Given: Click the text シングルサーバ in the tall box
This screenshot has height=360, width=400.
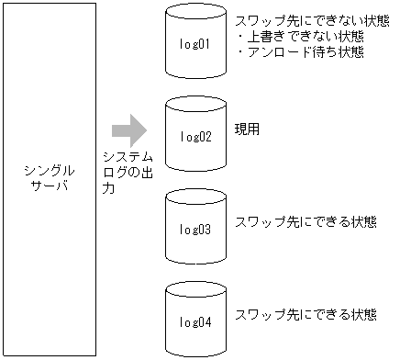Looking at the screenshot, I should [48, 178].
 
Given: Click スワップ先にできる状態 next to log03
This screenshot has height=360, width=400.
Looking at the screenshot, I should [306, 221].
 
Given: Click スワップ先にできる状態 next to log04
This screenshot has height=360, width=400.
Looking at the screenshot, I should [306, 314].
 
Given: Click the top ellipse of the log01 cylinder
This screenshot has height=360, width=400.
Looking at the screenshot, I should [195, 15].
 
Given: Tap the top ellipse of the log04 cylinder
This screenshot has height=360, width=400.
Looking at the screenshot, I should [195, 291].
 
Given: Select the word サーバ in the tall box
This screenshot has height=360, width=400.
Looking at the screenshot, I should [48, 186].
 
